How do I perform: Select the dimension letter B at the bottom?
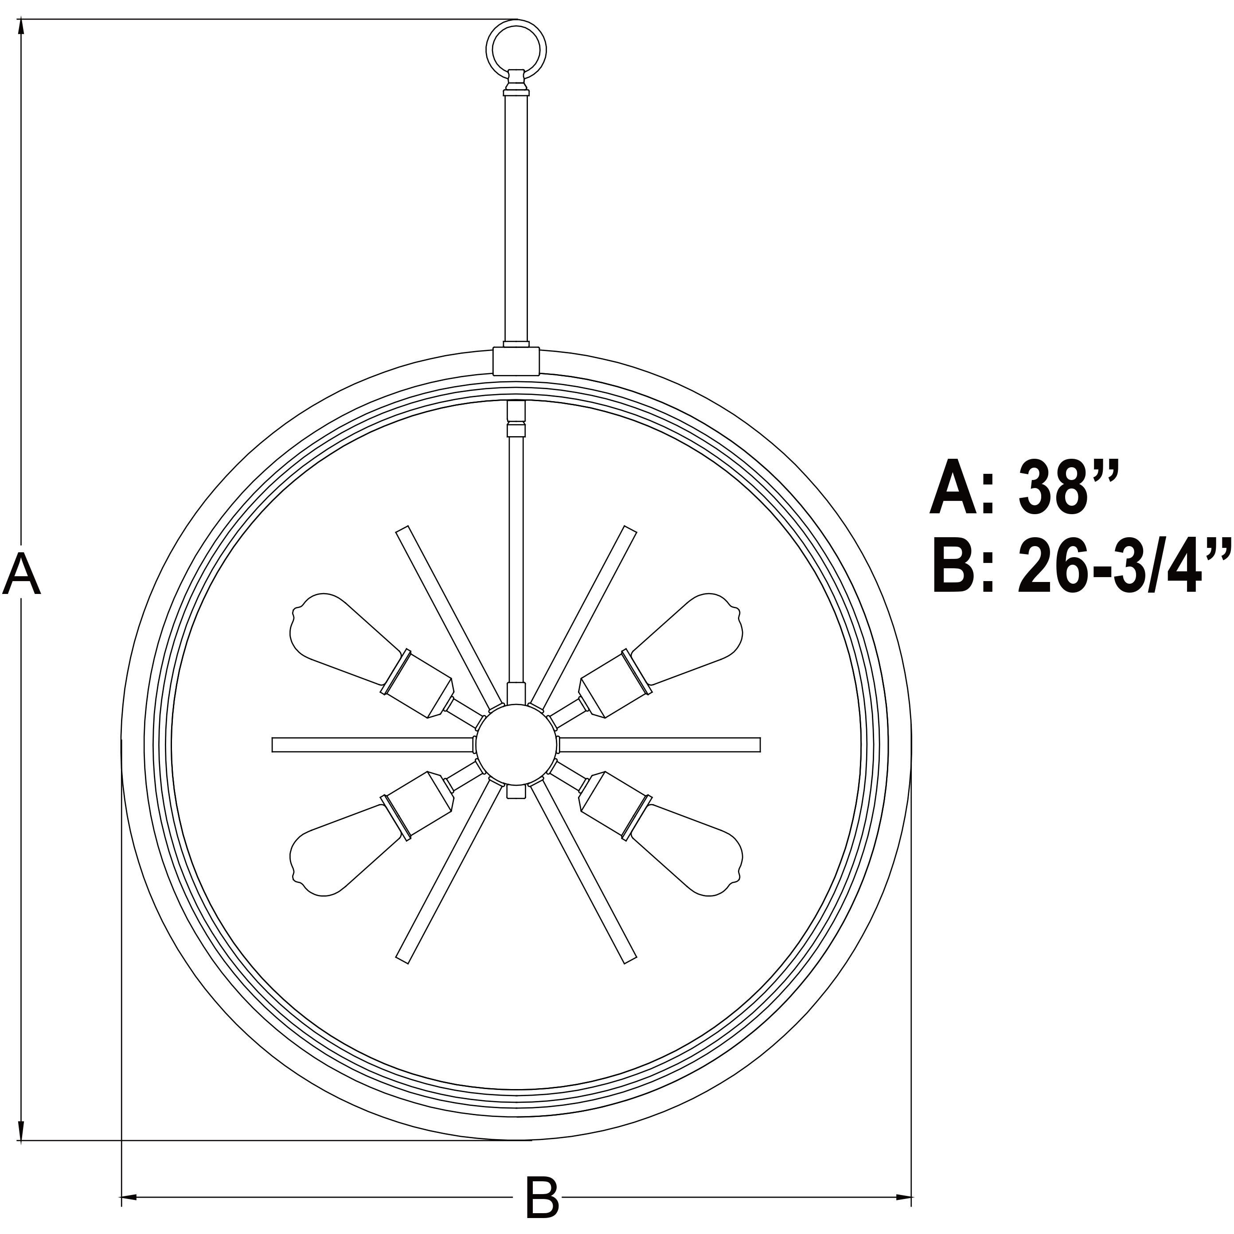click(x=542, y=1196)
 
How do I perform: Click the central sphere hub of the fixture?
click(x=516, y=745)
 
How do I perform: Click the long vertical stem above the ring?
click(x=516, y=217)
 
